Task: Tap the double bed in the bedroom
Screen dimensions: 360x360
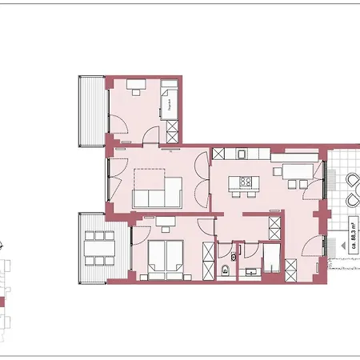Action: pyautogui.click(x=165, y=260)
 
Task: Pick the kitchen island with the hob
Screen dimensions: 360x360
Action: pyautogui.click(x=244, y=181)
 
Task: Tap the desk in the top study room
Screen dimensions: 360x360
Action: pyautogui.click(x=133, y=83)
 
